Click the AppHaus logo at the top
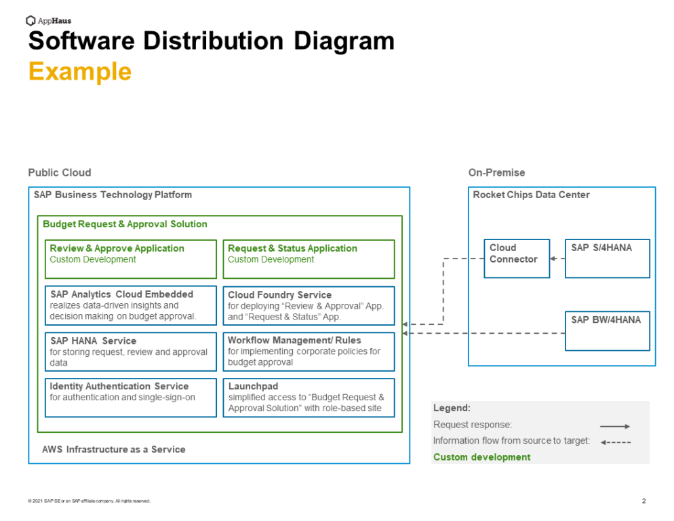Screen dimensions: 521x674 [x=48, y=20]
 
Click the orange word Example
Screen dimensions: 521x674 [x=80, y=71]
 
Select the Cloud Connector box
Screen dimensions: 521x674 [x=516, y=258]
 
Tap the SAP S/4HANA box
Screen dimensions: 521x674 [x=607, y=258]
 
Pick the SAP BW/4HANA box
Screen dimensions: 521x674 [x=607, y=330]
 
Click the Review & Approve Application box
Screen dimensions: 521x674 [x=131, y=259]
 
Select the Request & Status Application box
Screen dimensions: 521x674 [x=309, y=259]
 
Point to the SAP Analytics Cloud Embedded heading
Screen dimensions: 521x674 [x=121, y=294]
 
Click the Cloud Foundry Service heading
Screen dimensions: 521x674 [x=279, y=295]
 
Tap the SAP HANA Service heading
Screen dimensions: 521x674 [x=93, y=341]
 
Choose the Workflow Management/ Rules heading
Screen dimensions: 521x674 [x=294, y=341]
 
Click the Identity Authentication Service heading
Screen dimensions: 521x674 [x=119, y=386]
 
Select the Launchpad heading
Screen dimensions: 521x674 [x=253, y=386]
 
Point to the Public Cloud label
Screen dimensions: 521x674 [x=60, y=173]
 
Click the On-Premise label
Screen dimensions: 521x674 [x=496, y=173]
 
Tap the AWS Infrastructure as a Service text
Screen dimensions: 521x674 [x=114, y=449]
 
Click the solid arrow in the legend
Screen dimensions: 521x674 [x=615, y=426]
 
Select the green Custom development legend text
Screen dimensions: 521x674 [x=482, y=457]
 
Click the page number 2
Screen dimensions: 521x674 [x=643, y=501]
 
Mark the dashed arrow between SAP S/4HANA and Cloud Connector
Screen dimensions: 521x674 [x=557, y=258]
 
